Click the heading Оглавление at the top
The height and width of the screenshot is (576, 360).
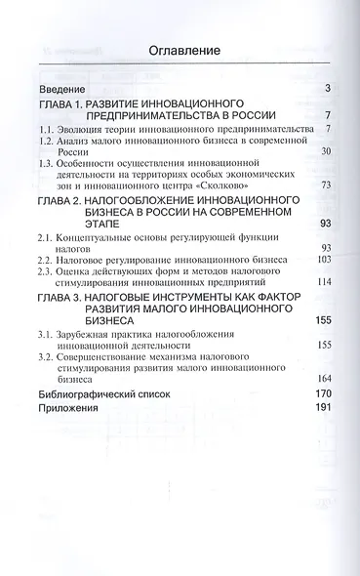(182, 52)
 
